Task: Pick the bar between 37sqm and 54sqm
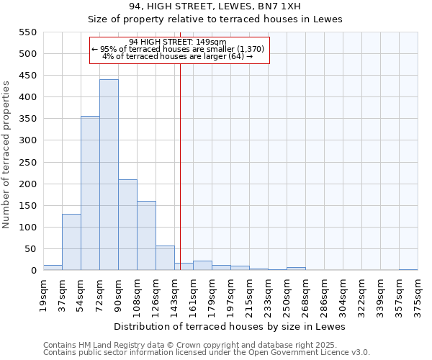click(x=71, y=242)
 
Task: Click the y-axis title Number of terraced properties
click(x=7, y=155)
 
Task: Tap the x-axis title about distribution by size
click(x=230, y=326)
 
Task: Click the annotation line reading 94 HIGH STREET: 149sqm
click(x=178, y=42)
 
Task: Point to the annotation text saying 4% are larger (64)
click(x=178, y=56)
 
